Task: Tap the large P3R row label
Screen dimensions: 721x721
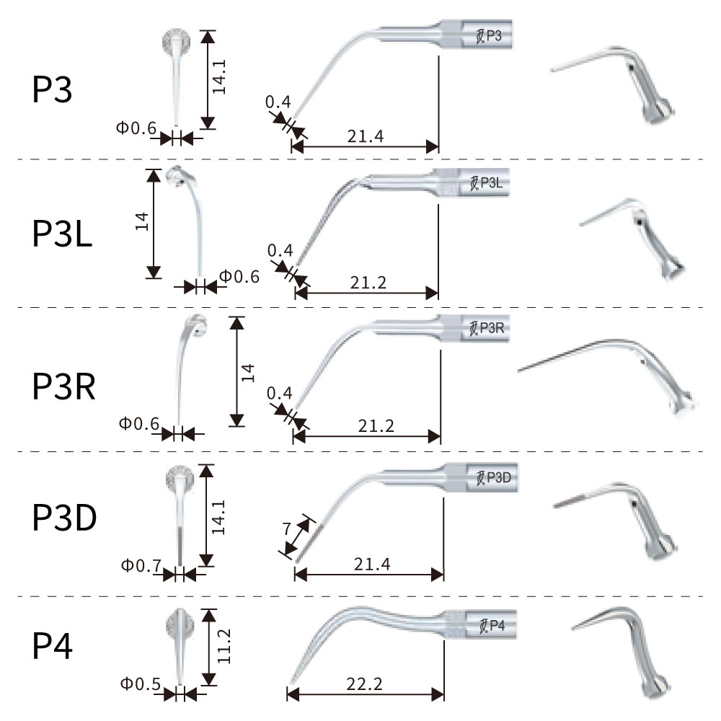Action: (63, 385)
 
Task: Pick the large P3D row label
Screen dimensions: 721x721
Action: (64, 518)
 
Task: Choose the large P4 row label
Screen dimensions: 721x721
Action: (53, 646)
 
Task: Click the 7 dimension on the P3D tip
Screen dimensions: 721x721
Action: (288, 528)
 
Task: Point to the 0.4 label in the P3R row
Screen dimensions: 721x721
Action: (280, 394)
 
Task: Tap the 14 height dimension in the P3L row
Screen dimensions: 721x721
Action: (142, 221)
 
